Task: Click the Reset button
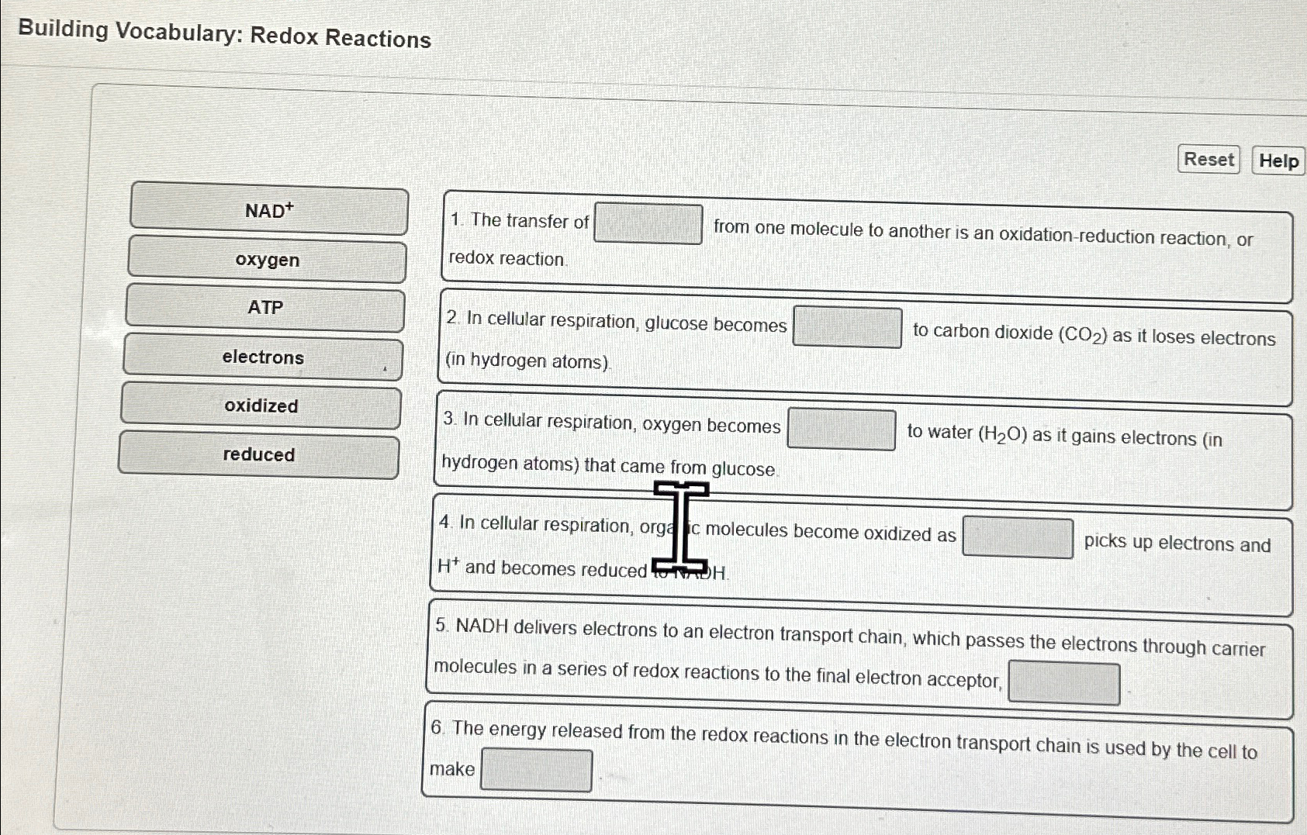pos(1208,160)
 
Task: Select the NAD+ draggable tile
pos(269,210)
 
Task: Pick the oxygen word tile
pos(267,261)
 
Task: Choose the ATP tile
pos(265,308)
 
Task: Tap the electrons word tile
pos(263,357)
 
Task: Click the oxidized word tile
pos(261,406)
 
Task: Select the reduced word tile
pos(258,455)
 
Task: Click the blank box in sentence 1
pos(648,224)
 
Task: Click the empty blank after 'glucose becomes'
pos(847,327)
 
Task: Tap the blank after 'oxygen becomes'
pos(842,430)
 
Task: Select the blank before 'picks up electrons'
pos(1018,537)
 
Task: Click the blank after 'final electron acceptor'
pos(1063,683)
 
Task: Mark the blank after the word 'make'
pos(536,770)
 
